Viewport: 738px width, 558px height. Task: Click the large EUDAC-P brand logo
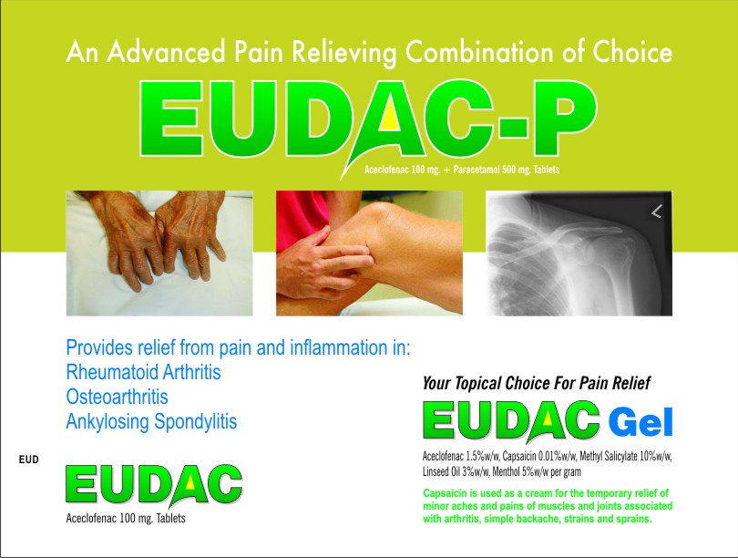[x=368, y=120]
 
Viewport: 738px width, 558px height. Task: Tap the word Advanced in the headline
[x=166, y=52]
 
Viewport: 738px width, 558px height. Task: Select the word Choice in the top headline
[x=632, y=52]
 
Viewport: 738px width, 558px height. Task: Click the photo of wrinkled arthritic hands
[x=159, y=253]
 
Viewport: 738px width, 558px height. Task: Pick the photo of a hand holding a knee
[x=370, y=253]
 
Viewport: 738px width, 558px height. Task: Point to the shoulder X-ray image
[x=579, y=253]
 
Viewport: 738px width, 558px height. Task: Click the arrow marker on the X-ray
[x=657, y=212]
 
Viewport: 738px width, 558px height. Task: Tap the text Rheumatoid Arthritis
[x=143, y=372]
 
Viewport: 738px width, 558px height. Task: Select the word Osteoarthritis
[x=117, y=397]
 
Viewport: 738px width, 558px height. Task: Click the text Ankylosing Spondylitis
[x=151, y=421]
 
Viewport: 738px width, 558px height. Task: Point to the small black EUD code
[x=29, y=460]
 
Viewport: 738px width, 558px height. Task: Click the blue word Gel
[x=641, y=423]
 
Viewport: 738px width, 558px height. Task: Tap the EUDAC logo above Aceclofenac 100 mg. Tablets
[x=154, y=485]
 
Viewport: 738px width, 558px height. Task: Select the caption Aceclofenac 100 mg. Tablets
[x=126, y=519]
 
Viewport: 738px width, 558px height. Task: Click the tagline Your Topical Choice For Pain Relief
[x=536, y=383]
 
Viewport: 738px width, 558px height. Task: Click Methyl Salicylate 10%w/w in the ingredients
[x=626, y=456]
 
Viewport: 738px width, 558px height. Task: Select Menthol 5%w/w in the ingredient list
[x=520, y=471]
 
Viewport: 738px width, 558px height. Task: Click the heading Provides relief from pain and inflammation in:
[x=238, y=347]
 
